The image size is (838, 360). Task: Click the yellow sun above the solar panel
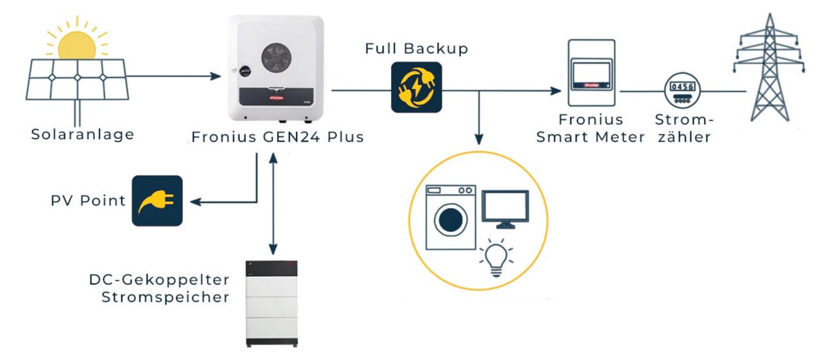point(77,44)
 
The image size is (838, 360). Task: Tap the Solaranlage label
point(82,134)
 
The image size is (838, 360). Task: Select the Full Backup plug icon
point(416,87)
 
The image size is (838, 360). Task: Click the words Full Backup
point(416,49)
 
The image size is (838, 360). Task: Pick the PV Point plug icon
point(157,201)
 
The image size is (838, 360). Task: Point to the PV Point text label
point(88,201)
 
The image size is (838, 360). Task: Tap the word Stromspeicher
point(165,297)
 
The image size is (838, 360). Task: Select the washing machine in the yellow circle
point(451,217)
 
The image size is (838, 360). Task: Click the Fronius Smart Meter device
point(591,73)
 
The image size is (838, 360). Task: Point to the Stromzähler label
point(682,129)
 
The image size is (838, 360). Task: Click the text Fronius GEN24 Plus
point(277,137)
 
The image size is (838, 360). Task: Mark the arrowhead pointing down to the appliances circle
point(478,139)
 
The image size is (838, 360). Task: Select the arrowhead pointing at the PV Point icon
point(196,202)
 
